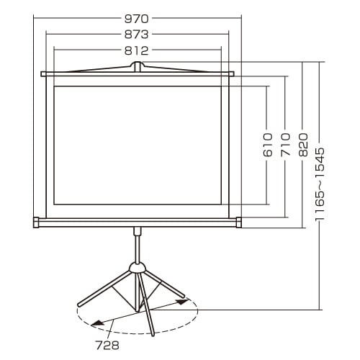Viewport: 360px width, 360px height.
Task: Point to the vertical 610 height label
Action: tap(268, 145)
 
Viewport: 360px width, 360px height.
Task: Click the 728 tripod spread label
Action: tap(106, 346)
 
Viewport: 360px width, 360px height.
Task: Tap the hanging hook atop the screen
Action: tap(138, 66)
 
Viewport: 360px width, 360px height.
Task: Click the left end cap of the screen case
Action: tap(37, 222)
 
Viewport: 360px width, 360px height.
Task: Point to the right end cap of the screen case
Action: tap(238, 222)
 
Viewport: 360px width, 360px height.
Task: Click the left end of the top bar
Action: tap(44, 73)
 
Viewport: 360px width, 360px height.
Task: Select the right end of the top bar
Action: tap(232, 73)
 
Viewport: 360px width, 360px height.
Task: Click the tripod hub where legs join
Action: tap(137, 268)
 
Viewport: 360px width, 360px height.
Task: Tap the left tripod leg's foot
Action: tap(80, 305)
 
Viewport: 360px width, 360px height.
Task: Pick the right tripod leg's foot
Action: tap(184, 294)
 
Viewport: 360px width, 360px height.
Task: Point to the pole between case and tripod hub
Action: tap(137, 245)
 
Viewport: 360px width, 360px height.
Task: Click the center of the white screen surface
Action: tap(138, 148)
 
